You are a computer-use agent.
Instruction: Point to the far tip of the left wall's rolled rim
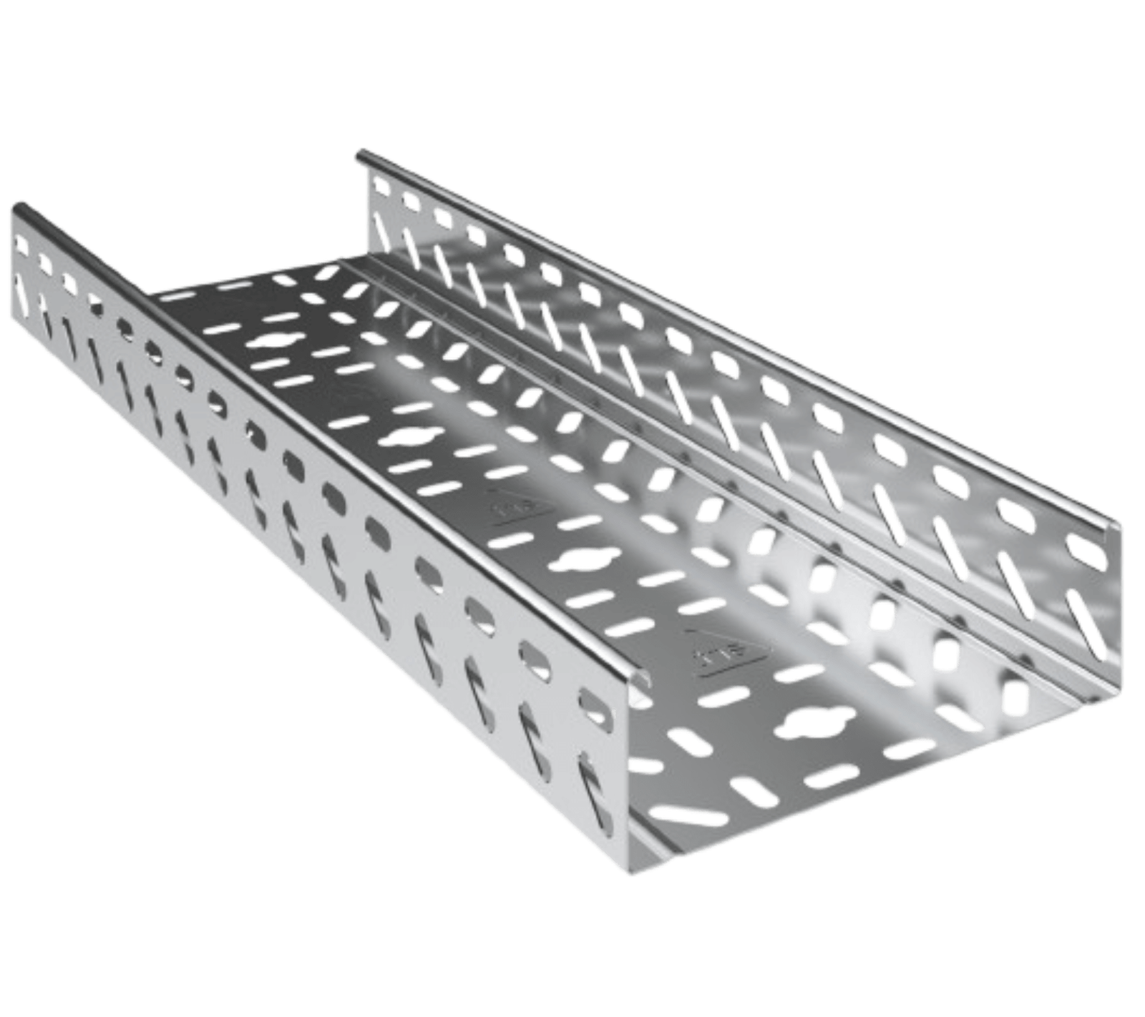click(x=20, y=207)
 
